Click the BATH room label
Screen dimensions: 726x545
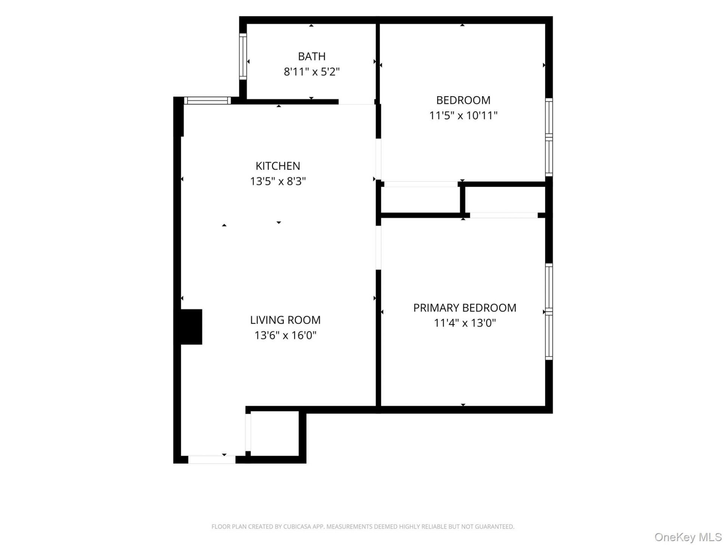[312, 56]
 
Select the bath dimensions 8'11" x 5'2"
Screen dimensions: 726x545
[312, 72]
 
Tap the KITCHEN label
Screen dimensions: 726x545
[278, 166]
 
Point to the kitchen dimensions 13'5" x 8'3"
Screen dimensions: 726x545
[278, 181]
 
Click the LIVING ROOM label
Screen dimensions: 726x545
[285, 320]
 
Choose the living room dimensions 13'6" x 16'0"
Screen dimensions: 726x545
[285, 335]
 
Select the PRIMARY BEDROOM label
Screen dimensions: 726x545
[465, 308]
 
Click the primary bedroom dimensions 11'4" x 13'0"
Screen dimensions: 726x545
[465, 323]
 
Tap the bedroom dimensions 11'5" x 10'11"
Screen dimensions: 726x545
[463, 115]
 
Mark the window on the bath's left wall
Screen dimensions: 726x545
[243, 56]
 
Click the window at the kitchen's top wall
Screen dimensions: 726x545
[207, 101]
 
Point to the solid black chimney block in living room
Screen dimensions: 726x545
[191, 327]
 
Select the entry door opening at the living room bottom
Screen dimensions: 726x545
[212, 459]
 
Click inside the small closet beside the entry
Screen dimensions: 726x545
[275, 433]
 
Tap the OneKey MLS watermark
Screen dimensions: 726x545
[688, 537]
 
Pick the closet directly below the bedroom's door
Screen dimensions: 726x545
[420, 200]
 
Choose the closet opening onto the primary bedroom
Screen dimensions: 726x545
[505, 200]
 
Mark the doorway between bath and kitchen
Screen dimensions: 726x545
[357, 102]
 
